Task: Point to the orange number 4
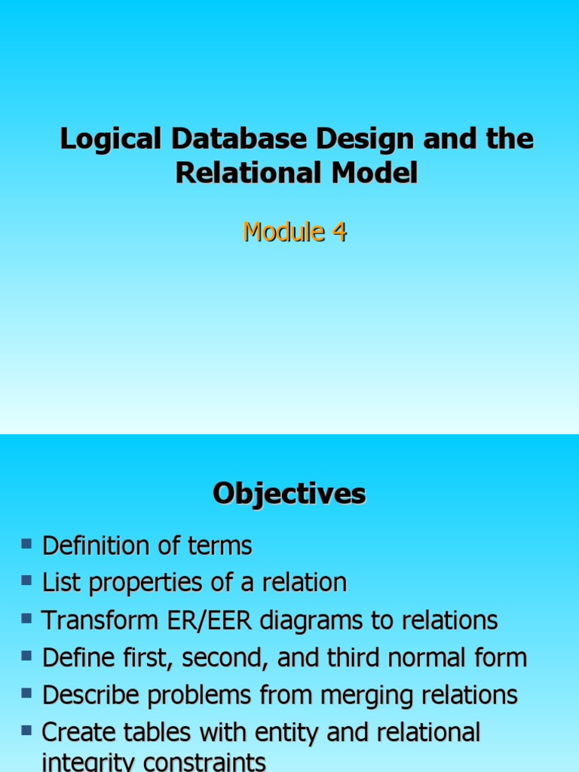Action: tap(339, 232)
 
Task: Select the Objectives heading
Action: tap(289, 494)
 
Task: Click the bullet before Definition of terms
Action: tap(27, 543)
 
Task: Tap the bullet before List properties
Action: tap(27, 580)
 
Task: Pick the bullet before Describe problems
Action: tap(27, 692)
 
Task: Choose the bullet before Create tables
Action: tap(27, 729)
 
